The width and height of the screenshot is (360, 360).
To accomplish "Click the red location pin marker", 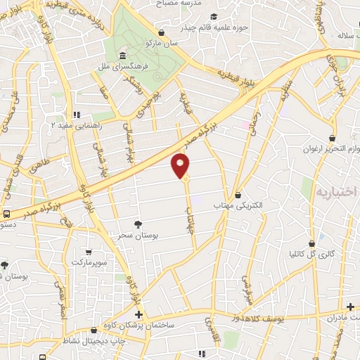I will pyautogui.click(x=181, y=165).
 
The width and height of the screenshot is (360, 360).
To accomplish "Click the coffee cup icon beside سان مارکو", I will pyautogui.click(x=162, y=32).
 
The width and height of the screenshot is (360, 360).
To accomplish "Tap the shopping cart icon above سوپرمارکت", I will pyautogui.click(x=88, y=252).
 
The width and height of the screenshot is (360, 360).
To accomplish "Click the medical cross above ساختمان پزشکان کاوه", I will pyautogui.click(x=139, y=314).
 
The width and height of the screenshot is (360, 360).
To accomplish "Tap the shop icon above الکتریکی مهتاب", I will pyautogui.click(x=238, y=195).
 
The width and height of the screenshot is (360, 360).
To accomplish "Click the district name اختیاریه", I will pyautogui.click(x=337, y=192).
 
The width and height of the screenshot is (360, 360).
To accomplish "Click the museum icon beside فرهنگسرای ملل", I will pyautogui.click(x=122, y=56).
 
